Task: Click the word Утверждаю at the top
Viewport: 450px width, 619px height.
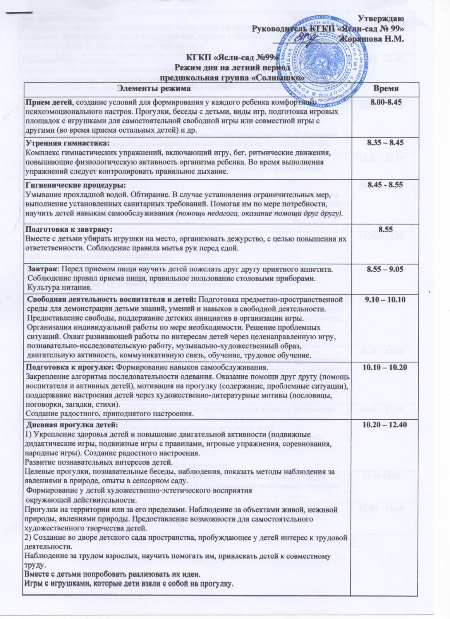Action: pos(381,19)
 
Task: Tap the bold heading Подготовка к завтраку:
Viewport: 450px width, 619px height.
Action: pos(69,229)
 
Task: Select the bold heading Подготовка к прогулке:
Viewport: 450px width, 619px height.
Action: pos(70,367)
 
